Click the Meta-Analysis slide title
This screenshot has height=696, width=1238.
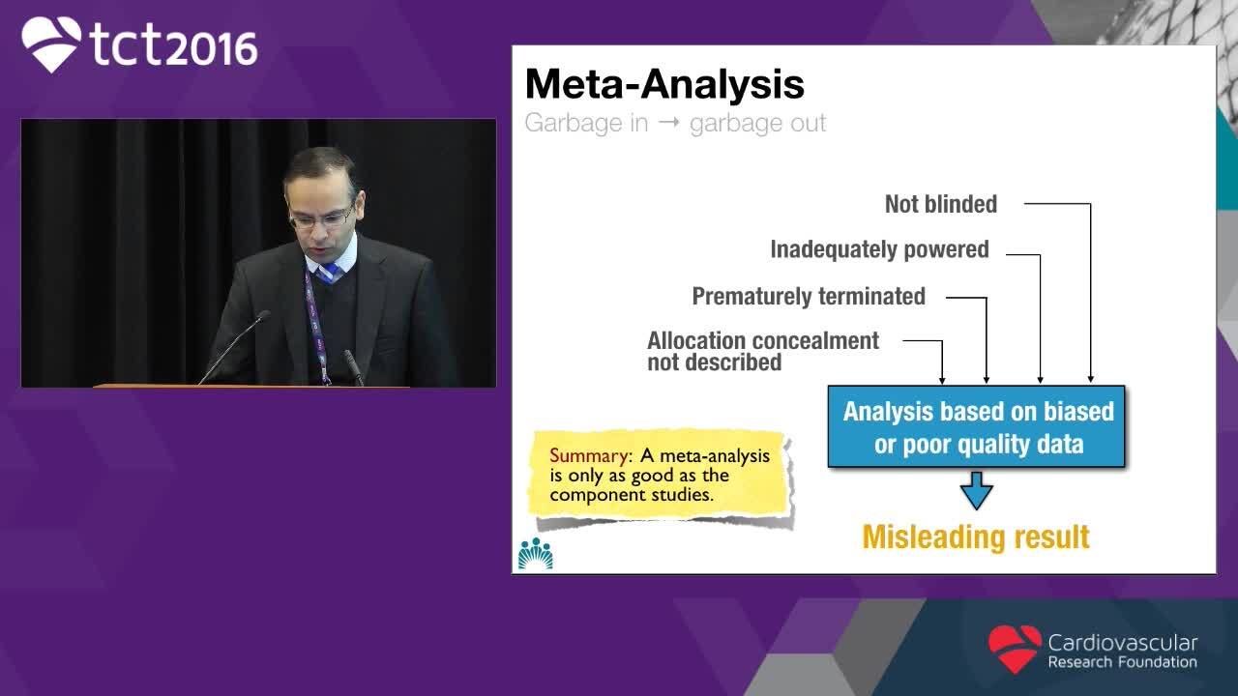pos(664,84)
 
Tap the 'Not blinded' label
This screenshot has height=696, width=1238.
pos(941,204)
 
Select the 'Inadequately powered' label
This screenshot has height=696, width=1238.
pos(879,249)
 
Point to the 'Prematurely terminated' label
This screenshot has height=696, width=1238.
pos(809,296)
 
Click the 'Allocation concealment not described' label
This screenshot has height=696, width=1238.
pos(763,351)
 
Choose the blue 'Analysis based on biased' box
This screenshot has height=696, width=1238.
pos(976,426)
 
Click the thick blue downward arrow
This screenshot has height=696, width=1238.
pos(976,490)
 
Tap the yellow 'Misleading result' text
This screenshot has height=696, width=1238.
pos(976,536)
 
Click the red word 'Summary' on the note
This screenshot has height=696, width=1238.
pos(589,455)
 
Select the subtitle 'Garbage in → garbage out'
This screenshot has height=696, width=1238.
pos(675,123)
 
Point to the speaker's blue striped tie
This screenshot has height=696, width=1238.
pos(330,272)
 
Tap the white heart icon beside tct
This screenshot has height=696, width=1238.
pos(51,43)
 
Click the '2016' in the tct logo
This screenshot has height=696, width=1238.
pos(212,48)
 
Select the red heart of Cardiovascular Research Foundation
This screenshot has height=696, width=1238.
pos(1015,649)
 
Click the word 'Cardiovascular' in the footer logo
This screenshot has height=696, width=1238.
pos(1123,643)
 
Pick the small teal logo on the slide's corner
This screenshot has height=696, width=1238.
pos(535,554)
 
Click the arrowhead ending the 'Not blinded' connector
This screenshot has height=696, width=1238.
pos(1090,379)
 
